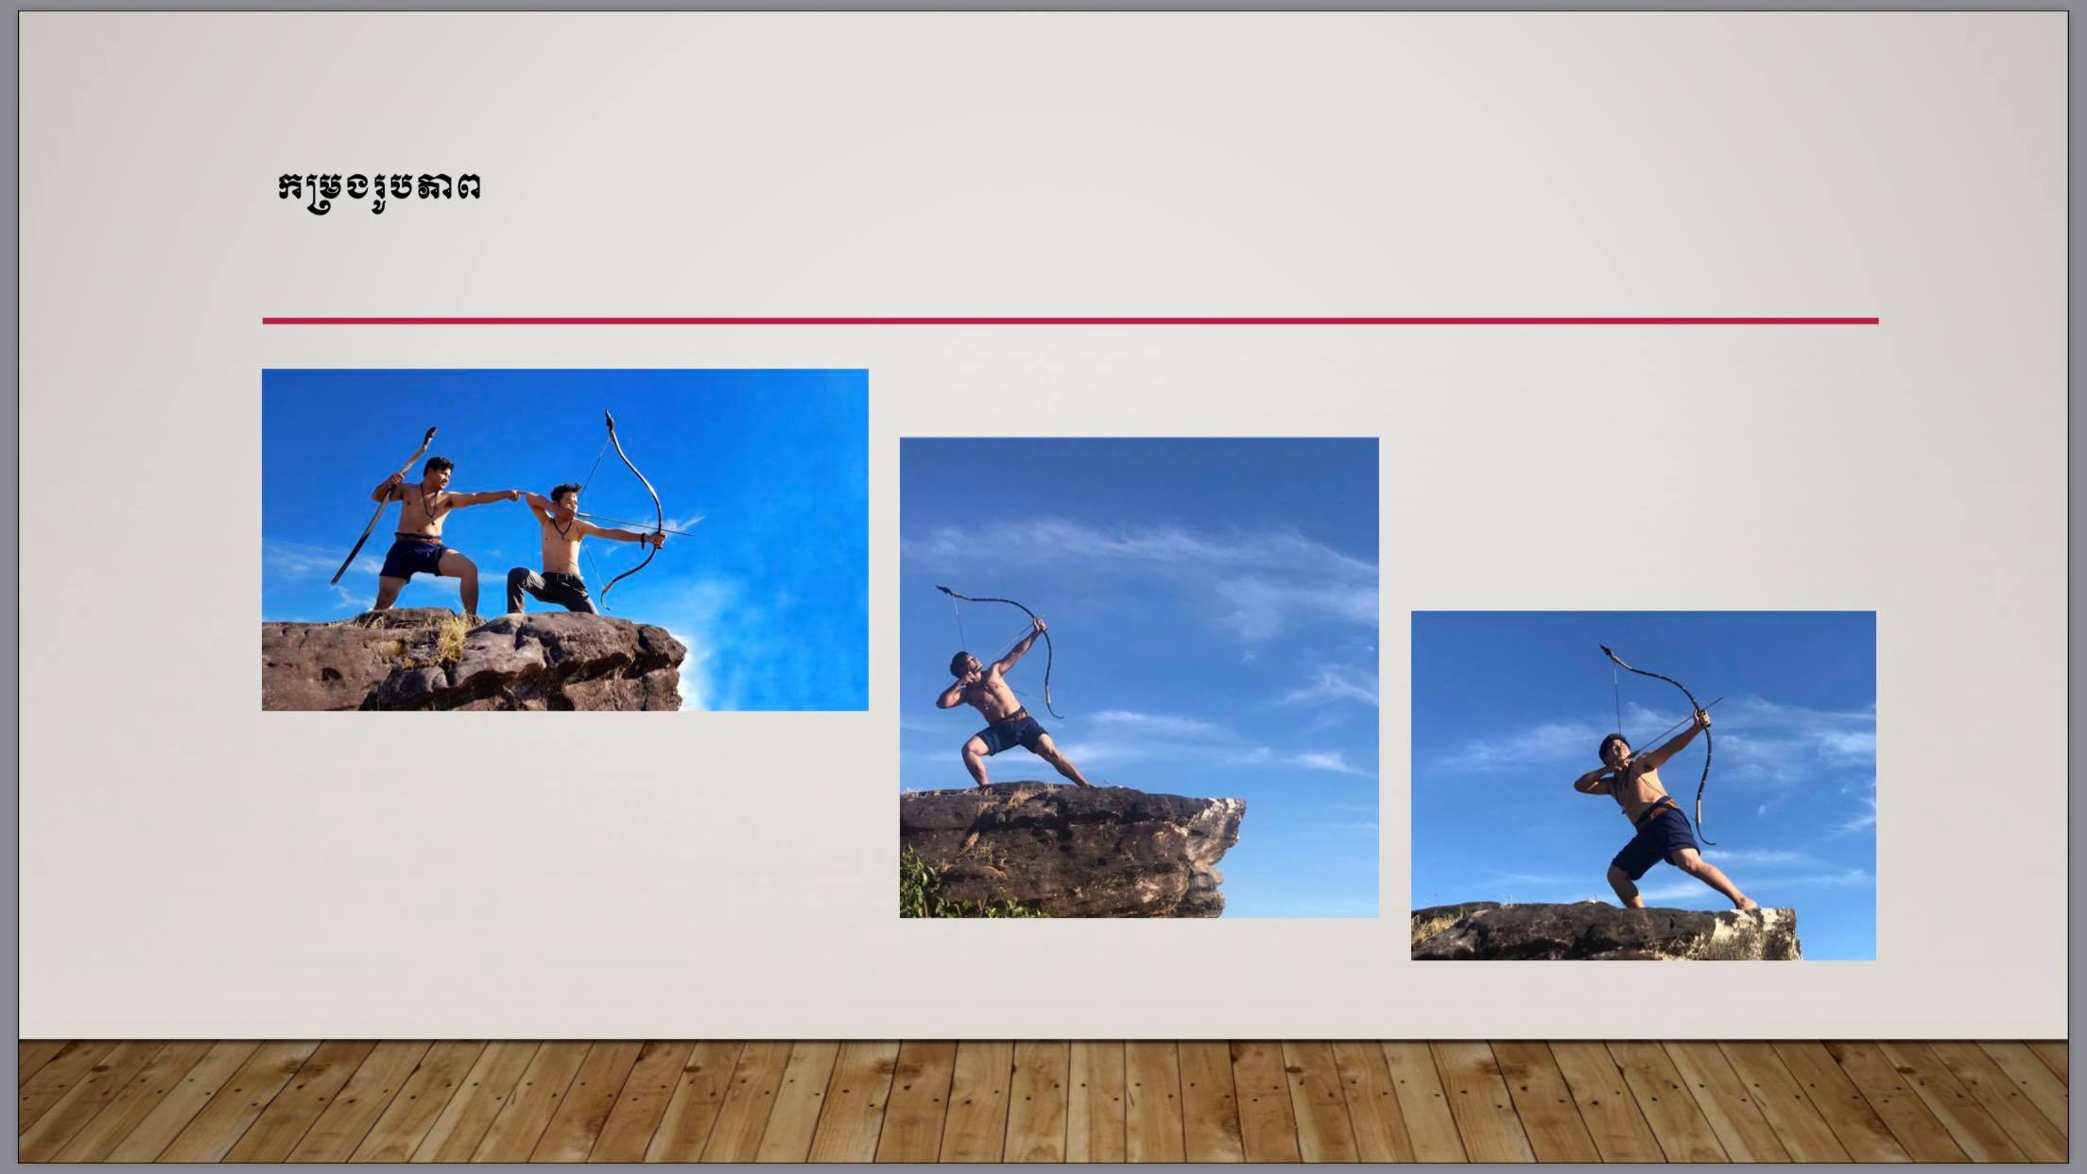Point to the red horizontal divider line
tap(1070, 321)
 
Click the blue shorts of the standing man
tap(414, 558)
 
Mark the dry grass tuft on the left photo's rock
tap(452, 638)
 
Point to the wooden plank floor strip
tap(1043, 1102)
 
